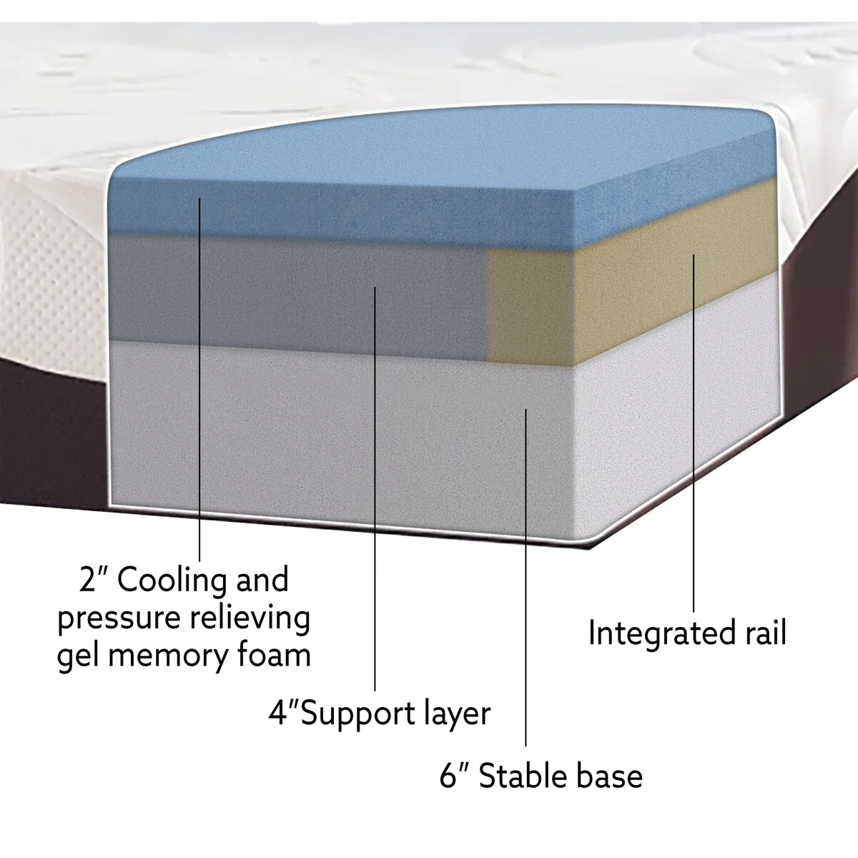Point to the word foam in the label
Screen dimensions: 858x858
[x=274, y=654]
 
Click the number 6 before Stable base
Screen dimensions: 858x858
[x=448, y=776]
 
